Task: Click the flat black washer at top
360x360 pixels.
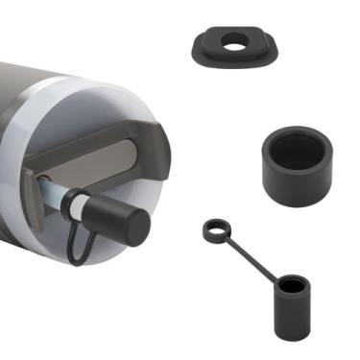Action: [x=207, y=48]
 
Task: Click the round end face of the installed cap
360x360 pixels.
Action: [x=135, y=227]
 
